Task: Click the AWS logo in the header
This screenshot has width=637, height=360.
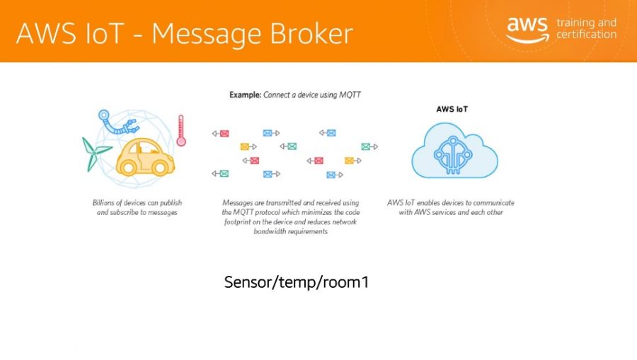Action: pos(527,30)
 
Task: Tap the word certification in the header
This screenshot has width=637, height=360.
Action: pos(586,35)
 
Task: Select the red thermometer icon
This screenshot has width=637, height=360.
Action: pos(181,130)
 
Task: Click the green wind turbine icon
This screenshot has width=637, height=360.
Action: pos(95,153)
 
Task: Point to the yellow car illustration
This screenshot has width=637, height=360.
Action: pos(145,157)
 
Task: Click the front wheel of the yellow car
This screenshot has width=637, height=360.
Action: pos(160,168)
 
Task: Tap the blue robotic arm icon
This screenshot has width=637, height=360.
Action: pos(117,122)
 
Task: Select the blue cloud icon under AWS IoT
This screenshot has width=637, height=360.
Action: pos(454,150)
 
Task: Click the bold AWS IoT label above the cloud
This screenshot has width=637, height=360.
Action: pos(452,109)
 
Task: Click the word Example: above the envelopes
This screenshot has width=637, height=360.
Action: pos(246,95)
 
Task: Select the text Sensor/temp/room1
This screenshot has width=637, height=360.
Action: pos(296,282)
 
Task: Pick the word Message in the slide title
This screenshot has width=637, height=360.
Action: pos(207,33)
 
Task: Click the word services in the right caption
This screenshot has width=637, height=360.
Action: pos(442,212)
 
